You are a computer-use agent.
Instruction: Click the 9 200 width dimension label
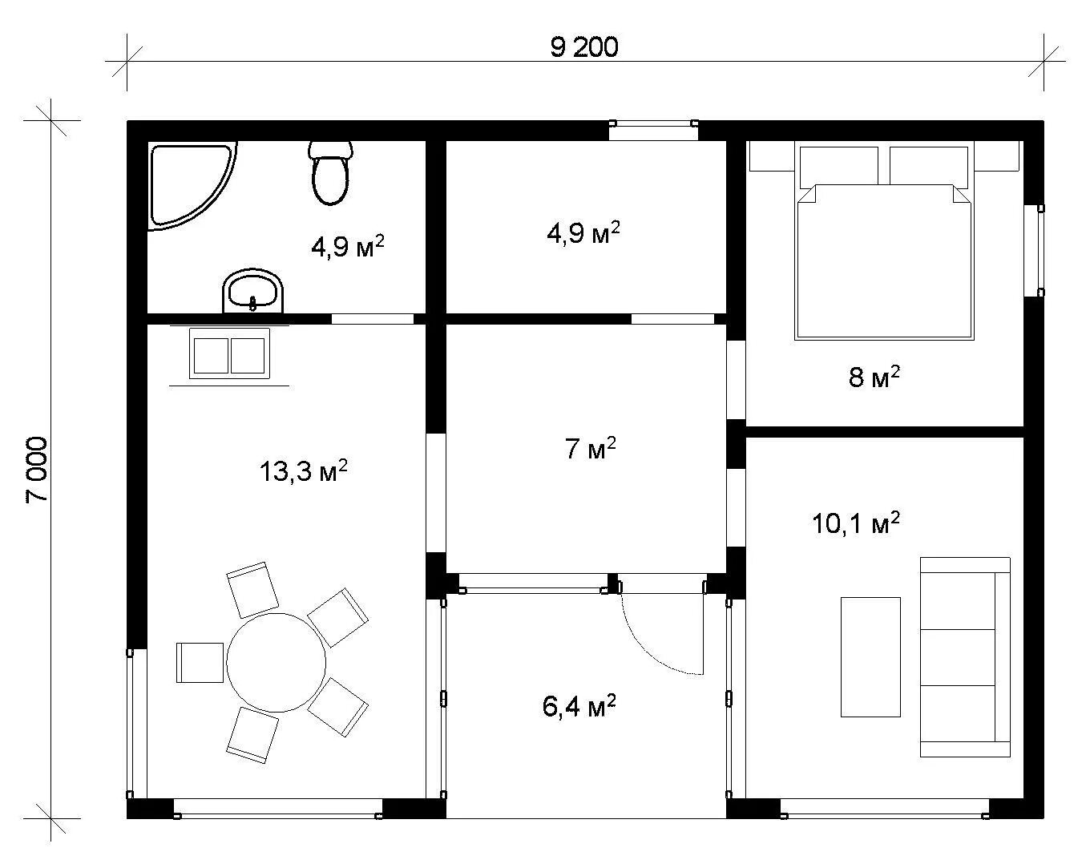[583, 47]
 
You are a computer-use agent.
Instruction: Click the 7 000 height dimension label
[37, 470]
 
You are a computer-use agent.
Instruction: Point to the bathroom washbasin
[252, 291]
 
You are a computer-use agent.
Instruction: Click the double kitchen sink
[229, 353]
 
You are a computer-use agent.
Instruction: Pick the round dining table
[276, 662]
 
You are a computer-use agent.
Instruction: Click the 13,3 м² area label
[304, 471]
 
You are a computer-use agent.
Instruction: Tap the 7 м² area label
[591, 449]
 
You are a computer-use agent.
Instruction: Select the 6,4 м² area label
[579, 706]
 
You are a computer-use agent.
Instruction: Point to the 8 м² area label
[874, 377]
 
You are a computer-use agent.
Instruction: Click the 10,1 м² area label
[856, 523]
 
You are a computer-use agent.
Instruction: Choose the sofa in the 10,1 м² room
[965, 657]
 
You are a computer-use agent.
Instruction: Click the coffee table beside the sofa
[870, 656]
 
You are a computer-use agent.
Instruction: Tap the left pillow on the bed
[839, 166]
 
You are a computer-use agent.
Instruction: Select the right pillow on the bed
[929, 166]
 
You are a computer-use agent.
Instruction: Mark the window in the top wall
[653, 130]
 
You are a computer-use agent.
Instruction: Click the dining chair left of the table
[200, 663]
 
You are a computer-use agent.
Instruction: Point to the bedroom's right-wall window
[1034, 250]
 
